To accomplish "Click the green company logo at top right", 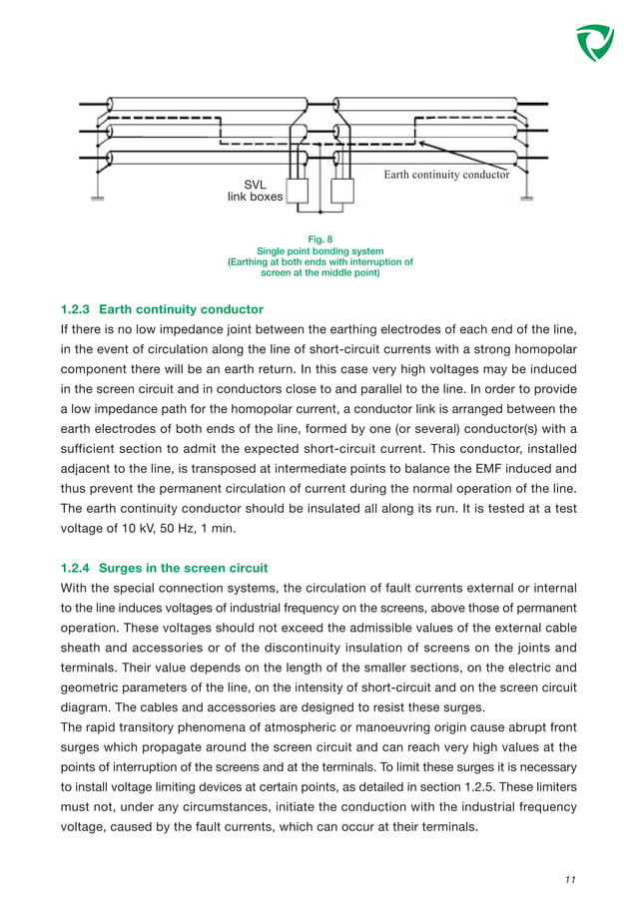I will pos(595,42).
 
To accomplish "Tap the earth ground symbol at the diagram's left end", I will pos(98,197).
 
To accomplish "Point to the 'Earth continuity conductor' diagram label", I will pos(446,175).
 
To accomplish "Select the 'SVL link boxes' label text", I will pos(255,191).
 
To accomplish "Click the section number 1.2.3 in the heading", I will pos(76,309).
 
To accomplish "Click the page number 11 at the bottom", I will pos(570,880).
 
